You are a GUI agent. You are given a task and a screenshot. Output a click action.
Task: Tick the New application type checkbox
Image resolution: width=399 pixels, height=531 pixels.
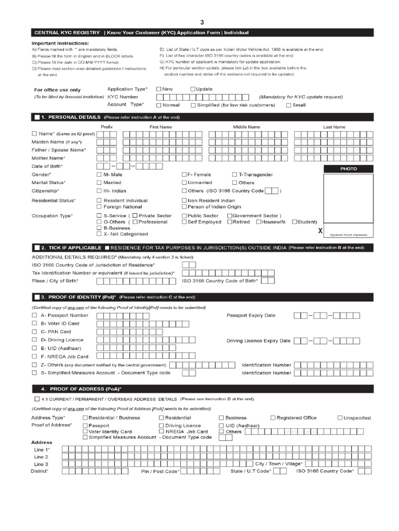pos(159,89)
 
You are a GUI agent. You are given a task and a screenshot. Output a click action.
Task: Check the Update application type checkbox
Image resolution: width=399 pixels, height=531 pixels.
pos(193,89)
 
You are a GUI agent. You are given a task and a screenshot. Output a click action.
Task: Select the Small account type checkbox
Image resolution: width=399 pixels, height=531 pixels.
pos(289,105)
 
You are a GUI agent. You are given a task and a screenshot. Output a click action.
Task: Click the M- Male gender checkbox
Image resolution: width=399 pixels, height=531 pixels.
pos(99,175)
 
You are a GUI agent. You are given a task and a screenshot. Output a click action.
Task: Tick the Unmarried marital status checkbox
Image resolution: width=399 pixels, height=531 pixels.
pos(184,183)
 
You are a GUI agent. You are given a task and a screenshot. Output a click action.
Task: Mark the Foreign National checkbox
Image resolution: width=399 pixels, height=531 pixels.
pos(99,207)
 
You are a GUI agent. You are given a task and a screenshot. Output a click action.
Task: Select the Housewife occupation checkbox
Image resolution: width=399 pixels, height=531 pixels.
pos(258,222)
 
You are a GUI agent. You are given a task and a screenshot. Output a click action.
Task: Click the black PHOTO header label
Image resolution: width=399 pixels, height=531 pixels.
pos(349,169)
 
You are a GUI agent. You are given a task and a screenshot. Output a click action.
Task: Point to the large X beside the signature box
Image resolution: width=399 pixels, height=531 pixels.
pos(320,230)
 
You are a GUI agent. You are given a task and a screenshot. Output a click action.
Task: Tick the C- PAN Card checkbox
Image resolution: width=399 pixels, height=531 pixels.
pos(35,331)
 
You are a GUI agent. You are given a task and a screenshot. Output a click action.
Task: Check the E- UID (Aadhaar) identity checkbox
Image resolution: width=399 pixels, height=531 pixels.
pos(35,348)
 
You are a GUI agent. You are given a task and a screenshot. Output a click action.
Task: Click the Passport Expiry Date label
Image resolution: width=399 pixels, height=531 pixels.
pos(251,315)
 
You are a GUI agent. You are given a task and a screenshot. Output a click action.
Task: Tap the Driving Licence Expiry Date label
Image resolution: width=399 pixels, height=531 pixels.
pos(258,341)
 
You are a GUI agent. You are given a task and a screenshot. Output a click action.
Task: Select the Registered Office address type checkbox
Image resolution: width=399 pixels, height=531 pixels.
pos(273,417)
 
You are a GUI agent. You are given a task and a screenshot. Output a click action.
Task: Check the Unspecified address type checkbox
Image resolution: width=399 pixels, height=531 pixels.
pos(340,417)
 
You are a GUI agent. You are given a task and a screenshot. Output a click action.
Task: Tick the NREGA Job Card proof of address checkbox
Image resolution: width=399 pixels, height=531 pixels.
pos(162,431)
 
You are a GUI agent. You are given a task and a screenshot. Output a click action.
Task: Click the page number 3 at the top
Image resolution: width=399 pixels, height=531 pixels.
pos(203,22)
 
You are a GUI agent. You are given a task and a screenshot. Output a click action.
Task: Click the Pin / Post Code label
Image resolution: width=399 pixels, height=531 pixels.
pos(160,471)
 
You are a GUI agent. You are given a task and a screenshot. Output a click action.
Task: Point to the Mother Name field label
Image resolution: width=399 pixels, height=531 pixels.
pos(48,158)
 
